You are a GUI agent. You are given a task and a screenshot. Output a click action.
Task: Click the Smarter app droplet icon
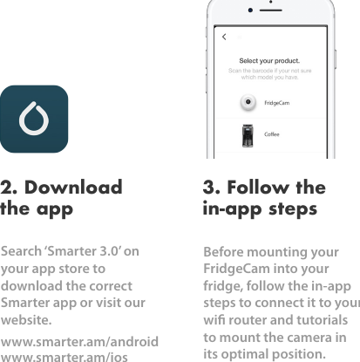[x=34, y=119]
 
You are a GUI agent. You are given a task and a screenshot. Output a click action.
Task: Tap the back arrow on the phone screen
[x=224, y=37]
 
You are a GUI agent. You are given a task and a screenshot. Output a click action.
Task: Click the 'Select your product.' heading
[x=269, y=60]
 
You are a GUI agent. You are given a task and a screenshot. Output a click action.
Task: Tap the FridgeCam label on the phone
[x=278, y=103]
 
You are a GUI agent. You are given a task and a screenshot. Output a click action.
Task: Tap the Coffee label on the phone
[x=272, y=134]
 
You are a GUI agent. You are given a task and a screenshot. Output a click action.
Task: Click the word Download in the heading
[x=74, y=188]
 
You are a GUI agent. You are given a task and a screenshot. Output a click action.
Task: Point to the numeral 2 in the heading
[x=8, y=188]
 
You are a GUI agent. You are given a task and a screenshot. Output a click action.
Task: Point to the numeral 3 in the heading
[x=209, y=188]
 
